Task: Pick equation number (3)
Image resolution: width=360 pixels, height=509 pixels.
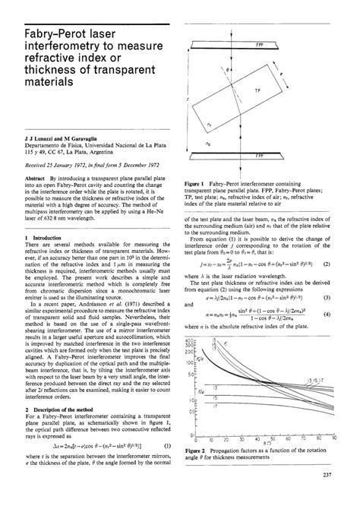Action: (346, 297)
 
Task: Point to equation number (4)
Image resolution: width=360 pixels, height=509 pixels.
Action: (346, 313)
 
